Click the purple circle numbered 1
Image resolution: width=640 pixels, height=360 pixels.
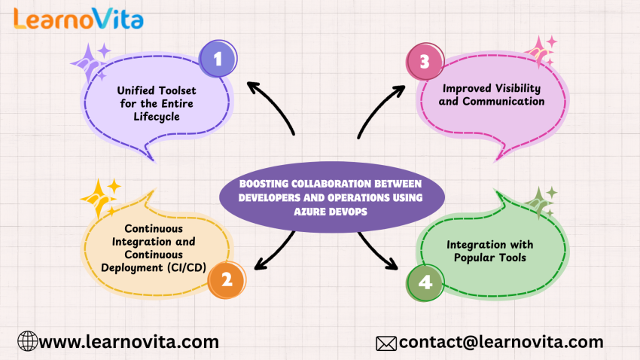(x=218, y=58)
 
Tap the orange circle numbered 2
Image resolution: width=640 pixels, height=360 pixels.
(x=227, y=280)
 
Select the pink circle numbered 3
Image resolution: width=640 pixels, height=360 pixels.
(x=424, y=63)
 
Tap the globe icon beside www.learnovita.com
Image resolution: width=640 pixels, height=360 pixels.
(x=27, y=342)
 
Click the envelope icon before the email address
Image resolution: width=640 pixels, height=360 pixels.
(x=386, y=343)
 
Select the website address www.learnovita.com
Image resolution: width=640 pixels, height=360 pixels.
(x=129, y=342)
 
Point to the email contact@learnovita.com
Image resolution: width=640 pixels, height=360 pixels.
(x=501, y=342)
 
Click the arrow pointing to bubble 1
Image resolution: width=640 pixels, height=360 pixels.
(x=272, y=105)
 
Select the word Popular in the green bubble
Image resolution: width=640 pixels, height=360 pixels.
(x=468, y=258)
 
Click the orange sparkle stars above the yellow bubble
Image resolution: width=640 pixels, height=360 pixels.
(x=101, y=197)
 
